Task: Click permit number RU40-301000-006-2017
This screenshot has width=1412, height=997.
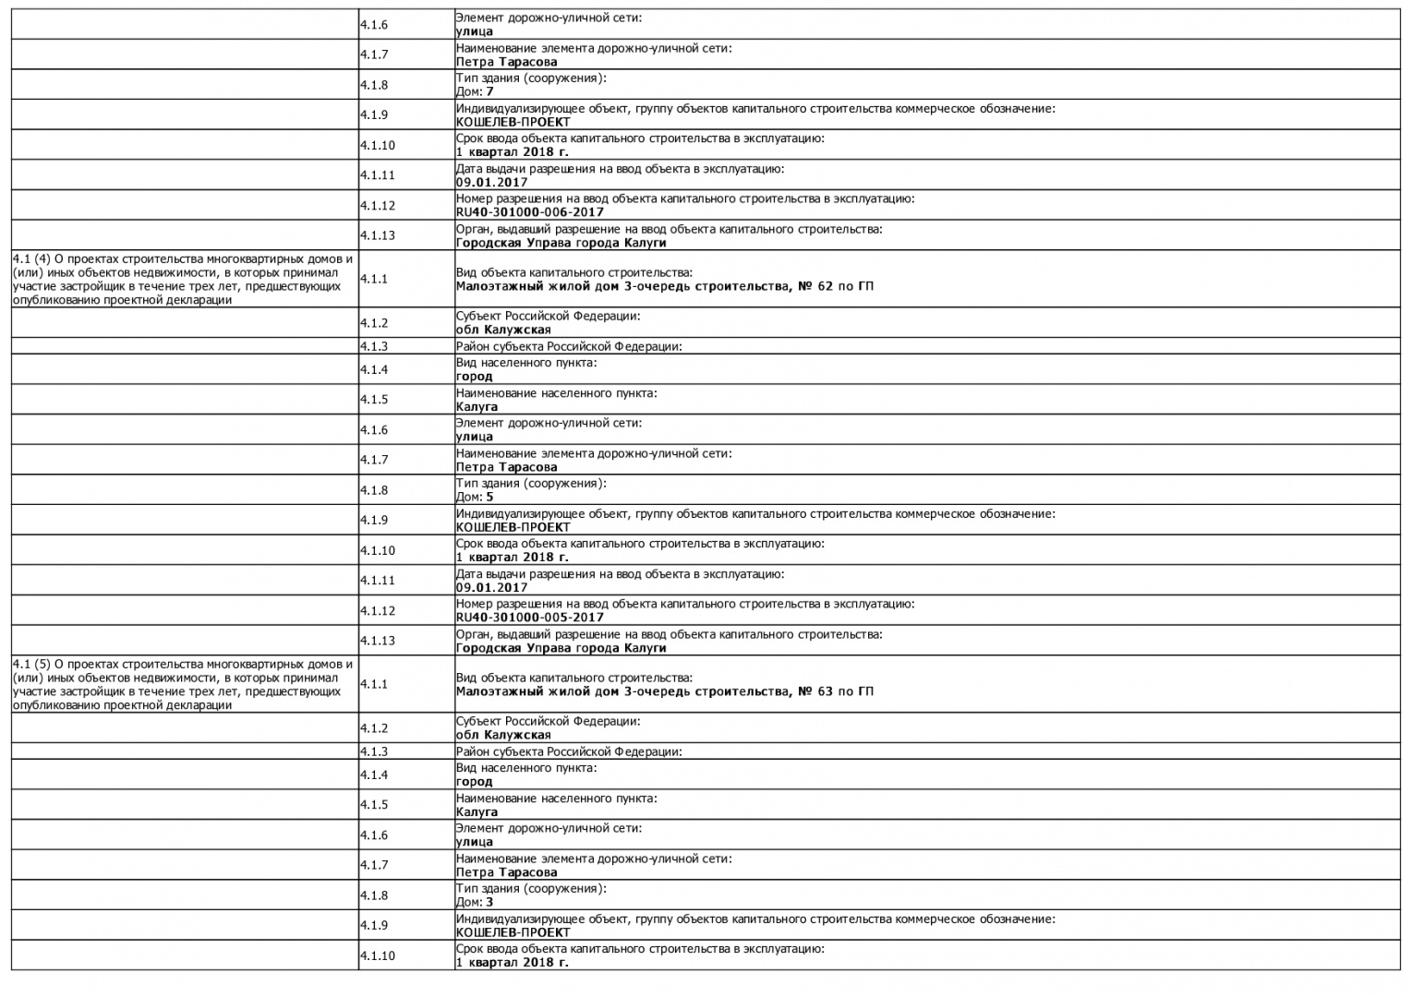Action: click(529, 212)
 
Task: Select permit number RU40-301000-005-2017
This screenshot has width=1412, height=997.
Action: click(529, 618)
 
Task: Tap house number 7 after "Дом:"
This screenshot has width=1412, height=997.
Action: click(490, 91)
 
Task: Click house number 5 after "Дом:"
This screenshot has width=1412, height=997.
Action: click(490, 497)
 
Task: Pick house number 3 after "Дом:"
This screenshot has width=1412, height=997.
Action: click(490, 902)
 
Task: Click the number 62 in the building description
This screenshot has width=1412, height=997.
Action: click(825, 286)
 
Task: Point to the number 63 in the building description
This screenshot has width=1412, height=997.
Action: click(825, 691)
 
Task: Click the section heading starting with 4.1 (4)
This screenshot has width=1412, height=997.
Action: click(183, 279)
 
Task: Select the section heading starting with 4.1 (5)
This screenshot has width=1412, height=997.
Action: click(183, 684)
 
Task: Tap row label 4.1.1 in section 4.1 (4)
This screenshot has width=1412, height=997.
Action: click(374, 279)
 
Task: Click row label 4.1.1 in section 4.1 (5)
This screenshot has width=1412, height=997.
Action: click(374, 684)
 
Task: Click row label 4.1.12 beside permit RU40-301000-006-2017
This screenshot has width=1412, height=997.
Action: click(378, 205)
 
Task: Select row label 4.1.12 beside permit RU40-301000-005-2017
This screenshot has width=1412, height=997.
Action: click(378, 610)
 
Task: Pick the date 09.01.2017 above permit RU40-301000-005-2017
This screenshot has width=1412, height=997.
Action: click(491, 587)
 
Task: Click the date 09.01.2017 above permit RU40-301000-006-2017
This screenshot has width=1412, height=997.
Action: click(491, 182)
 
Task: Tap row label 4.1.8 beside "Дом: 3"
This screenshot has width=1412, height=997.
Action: click(374, 895)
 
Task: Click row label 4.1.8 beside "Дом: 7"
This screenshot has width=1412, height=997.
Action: click(374, 85)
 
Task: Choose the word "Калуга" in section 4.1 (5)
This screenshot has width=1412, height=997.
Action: click(477, 812)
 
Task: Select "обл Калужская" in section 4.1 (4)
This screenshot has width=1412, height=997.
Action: click(503, 330)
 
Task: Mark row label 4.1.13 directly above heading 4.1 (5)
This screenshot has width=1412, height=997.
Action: click(378, 641)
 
